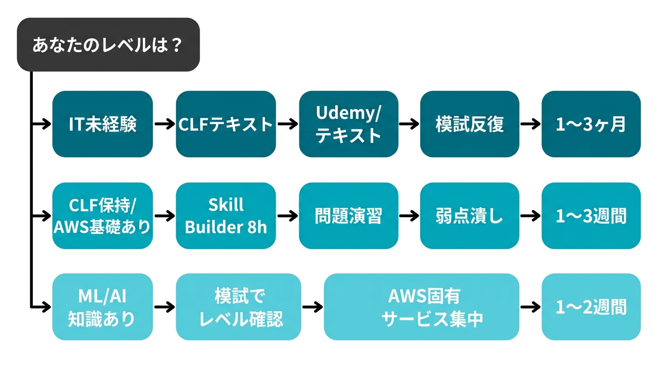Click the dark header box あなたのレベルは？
108,45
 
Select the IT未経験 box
102,124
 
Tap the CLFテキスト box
226,124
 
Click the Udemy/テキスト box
348,124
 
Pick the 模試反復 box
470,124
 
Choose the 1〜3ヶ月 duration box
591,124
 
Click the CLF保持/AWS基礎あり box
102,216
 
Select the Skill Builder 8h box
226,216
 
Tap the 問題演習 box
348,216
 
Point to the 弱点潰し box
470,216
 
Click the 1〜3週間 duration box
591,216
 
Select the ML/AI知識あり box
102,307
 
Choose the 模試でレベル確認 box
239,307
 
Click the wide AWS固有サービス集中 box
421,307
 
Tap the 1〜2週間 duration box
591,307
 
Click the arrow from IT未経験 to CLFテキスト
164,125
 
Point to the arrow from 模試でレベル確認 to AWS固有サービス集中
312,307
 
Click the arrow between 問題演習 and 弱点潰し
409,216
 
